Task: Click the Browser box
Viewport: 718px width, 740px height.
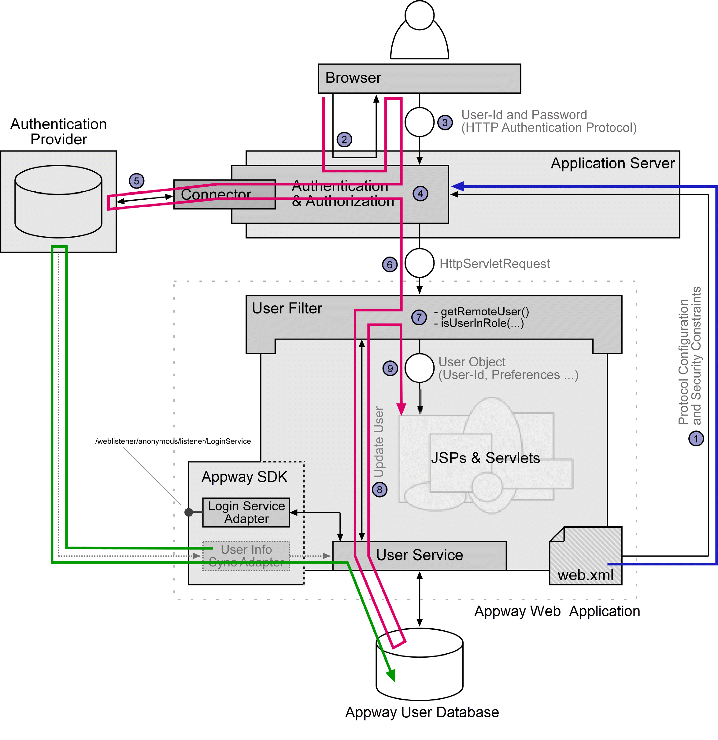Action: click(419, 78)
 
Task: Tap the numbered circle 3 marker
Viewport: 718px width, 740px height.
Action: click(445, 122)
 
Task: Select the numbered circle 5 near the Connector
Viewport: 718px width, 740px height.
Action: click(136, 181)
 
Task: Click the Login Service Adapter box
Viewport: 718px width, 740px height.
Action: click(246, 512)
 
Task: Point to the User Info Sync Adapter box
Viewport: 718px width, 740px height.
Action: click(246, 556)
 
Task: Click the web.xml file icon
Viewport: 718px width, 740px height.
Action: click(586, 556)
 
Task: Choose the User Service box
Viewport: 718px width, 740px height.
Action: click(419, 555)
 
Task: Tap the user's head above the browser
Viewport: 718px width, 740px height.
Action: click(419, 15)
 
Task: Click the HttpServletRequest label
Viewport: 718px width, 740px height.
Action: click(494, 264)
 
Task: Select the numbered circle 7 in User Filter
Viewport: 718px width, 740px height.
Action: click(419, 317)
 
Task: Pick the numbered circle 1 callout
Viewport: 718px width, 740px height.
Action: click(696, 439)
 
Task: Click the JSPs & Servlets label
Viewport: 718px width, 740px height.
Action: click(485, 458)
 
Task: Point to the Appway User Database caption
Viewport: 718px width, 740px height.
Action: click(422, 712)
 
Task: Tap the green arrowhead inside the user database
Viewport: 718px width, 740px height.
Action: click(391, 675)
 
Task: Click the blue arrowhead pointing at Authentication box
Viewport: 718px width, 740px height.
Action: click(457, 186)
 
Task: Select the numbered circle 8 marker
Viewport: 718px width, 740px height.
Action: click(379, 490)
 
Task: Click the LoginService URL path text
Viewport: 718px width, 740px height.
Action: click(173, 441)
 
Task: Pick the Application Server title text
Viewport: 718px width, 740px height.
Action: click(613, 163)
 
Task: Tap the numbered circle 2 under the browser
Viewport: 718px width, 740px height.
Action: click(344, 140)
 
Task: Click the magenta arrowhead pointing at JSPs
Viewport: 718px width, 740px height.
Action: click(401, 409)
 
